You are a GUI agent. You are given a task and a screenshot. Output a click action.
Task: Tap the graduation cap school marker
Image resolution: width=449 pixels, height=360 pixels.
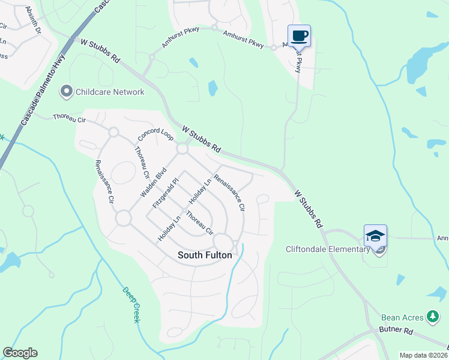375,236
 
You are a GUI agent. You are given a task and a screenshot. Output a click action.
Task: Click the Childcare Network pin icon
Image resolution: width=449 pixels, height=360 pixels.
65,92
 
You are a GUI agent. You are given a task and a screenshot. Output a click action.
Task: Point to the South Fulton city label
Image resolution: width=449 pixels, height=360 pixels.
205,255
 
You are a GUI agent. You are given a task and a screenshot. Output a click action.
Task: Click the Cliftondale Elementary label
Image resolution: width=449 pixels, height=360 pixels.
327,250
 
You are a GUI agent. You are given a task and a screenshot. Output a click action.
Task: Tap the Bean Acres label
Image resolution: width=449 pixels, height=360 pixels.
402,317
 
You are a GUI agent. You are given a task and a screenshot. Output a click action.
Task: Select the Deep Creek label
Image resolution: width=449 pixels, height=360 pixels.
131,305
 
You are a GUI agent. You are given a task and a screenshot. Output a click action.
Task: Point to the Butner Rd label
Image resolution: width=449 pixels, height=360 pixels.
396,331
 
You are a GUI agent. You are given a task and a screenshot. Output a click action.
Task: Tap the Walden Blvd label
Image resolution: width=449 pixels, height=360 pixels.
152,182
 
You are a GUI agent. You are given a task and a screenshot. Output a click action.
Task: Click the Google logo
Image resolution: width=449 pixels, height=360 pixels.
20,353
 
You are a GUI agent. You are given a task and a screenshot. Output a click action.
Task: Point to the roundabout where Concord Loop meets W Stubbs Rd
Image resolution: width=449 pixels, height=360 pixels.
182,148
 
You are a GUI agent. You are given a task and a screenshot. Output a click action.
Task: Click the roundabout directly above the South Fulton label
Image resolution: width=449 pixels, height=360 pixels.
223,241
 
